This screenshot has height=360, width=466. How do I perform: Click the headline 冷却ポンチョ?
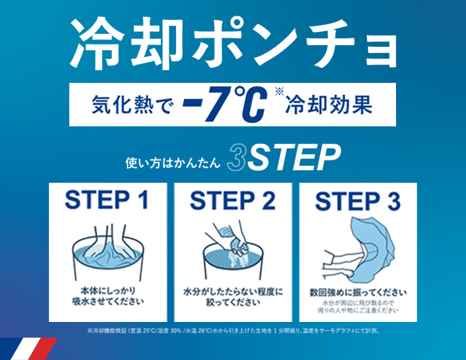(x=234, y=42)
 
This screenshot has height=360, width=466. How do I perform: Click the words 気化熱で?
(x=132, y=105)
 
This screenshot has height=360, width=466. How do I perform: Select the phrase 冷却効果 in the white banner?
(x=329, y=105)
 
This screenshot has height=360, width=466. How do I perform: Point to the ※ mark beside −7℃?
(x=279, y=91)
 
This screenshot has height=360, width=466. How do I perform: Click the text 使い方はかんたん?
(x=173, y=162)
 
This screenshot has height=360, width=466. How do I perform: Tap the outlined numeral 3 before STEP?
(x=236, y=158)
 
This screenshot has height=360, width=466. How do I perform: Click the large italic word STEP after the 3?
(x=294, y=158)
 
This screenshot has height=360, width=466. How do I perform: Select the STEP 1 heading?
(x=107, y=200)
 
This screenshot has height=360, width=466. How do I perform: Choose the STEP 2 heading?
(x=233, y=200)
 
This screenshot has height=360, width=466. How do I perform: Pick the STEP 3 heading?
(x=358, y=201)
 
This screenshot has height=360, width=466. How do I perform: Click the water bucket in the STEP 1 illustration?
(x=108, y=258)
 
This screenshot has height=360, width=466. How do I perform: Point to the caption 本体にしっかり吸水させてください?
(x=108, y=296)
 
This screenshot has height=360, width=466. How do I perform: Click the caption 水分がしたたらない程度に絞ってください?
(x=233, y=297)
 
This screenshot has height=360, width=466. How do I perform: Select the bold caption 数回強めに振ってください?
(x=358, y=293)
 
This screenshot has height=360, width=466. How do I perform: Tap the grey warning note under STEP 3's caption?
(x=358, y=307)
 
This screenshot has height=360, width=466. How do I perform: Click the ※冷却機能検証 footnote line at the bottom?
(x=234, y=331)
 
